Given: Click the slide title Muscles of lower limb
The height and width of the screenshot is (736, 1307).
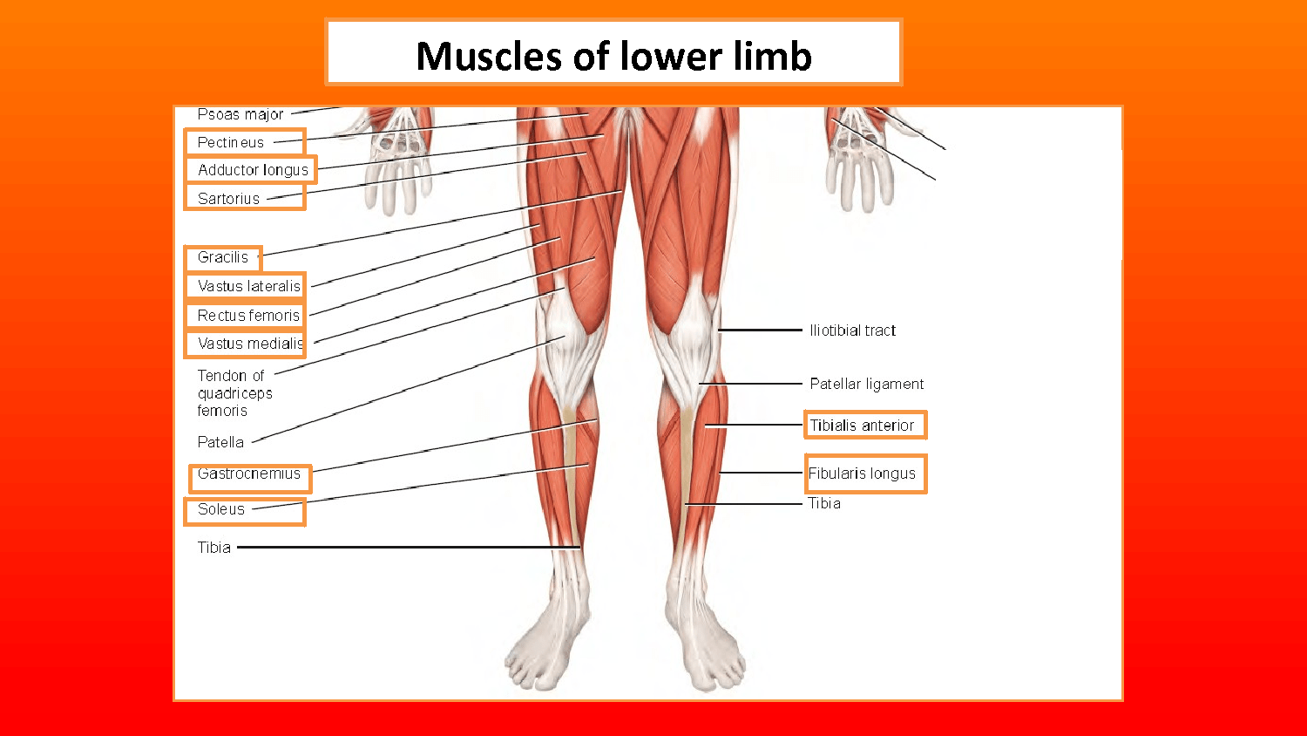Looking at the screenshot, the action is pos(613,56).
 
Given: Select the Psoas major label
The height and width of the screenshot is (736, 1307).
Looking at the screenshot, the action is pos(240,114).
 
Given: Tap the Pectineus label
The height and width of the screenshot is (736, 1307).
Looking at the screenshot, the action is pos(231,142).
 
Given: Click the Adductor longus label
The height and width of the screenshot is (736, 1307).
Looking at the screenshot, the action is pos(253,170).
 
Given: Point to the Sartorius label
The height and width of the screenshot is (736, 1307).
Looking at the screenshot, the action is pos(228,199).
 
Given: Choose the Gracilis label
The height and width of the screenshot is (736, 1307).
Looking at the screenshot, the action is pos(223,257).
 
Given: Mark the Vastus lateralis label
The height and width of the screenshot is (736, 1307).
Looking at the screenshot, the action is pos(249,286).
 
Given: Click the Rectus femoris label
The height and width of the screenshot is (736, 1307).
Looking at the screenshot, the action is pos(248,316).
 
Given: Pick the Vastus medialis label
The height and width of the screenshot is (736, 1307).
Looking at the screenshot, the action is pos(250,344).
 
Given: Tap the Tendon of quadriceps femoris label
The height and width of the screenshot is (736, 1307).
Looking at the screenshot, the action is pos(234,393).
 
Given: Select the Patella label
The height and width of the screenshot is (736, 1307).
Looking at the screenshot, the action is pos(220,442).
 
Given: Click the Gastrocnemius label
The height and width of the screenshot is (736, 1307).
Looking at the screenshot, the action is pos(249,474).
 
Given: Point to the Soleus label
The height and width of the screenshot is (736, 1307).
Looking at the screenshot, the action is pos(221,509).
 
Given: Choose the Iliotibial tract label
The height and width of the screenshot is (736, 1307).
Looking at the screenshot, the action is pos(852,331).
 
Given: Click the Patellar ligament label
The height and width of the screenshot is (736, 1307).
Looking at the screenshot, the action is pos(866,384).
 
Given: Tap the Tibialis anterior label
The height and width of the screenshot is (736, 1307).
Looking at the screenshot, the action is pos(862,426).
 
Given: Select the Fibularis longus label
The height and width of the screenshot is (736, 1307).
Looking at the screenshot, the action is pos(862,474).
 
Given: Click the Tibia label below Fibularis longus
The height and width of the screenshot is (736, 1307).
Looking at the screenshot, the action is pos(824,503).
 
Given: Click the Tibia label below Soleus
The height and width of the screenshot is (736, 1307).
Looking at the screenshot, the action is pos(214,548).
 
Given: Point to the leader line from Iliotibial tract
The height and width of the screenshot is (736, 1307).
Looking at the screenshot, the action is pos(760,331).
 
